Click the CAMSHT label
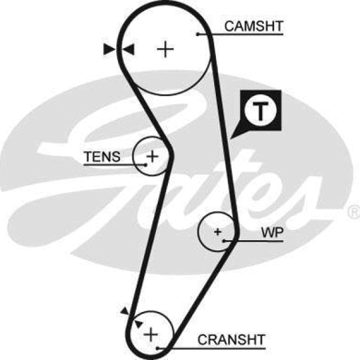click(253, 26)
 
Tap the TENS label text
click(101, 157)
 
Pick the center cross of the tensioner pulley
click(152, 157)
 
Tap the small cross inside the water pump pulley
click(217, 231)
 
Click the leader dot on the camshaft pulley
click(198, 34)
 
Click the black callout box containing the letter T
click(260, 110)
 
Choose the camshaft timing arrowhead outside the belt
click(109, 50)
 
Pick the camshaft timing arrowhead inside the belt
click(128, 50)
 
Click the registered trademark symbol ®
click(353, 212)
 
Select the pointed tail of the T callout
click(236, 134)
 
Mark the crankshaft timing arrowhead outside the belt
click(124, 310)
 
